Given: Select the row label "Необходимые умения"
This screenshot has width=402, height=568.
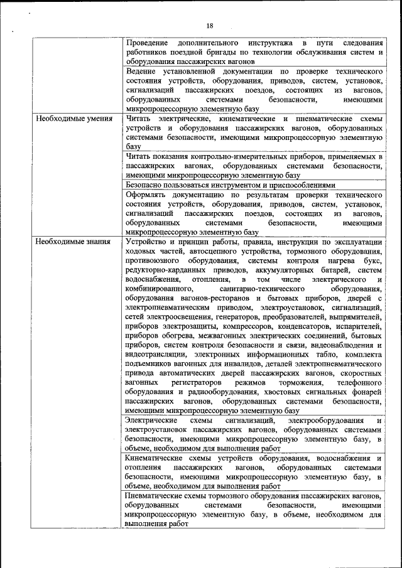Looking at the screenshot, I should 74,119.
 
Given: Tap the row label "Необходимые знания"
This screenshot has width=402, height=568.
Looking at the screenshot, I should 73,242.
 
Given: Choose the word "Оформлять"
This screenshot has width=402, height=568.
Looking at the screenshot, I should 148,195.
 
